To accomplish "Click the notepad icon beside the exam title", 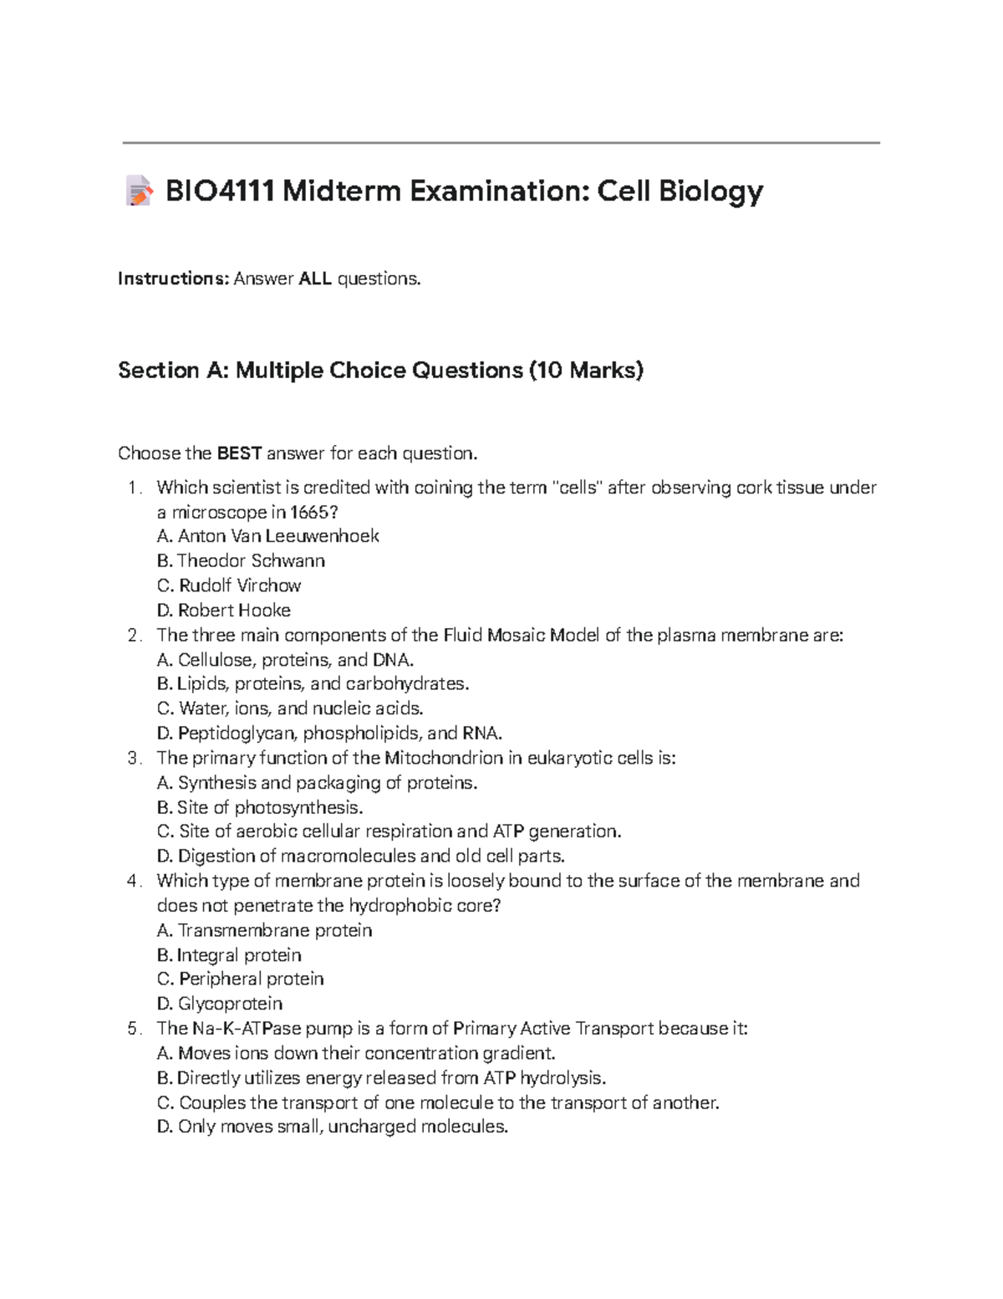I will tap(139, 192).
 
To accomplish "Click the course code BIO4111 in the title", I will tap(220, 192).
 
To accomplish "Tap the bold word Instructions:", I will tap(173, 279).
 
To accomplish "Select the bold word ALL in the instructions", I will tap(315, 279).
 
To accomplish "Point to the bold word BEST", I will tap(239, 453).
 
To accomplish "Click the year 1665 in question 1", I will tap(312, 512).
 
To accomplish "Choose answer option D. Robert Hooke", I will tap(224, 610).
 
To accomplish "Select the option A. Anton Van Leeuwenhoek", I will tap(268, 535).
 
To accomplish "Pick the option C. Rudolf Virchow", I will tap(229, 585).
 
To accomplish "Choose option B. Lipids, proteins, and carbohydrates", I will tap(313, 683).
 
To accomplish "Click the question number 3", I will tap(133, 758).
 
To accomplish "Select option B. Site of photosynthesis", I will tap(260, 807).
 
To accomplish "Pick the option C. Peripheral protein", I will tap(241, 979).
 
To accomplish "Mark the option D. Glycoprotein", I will tap(220, 1003).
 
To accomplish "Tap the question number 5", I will tap(133, 1028).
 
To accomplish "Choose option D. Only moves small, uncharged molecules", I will tap(333, 1127).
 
